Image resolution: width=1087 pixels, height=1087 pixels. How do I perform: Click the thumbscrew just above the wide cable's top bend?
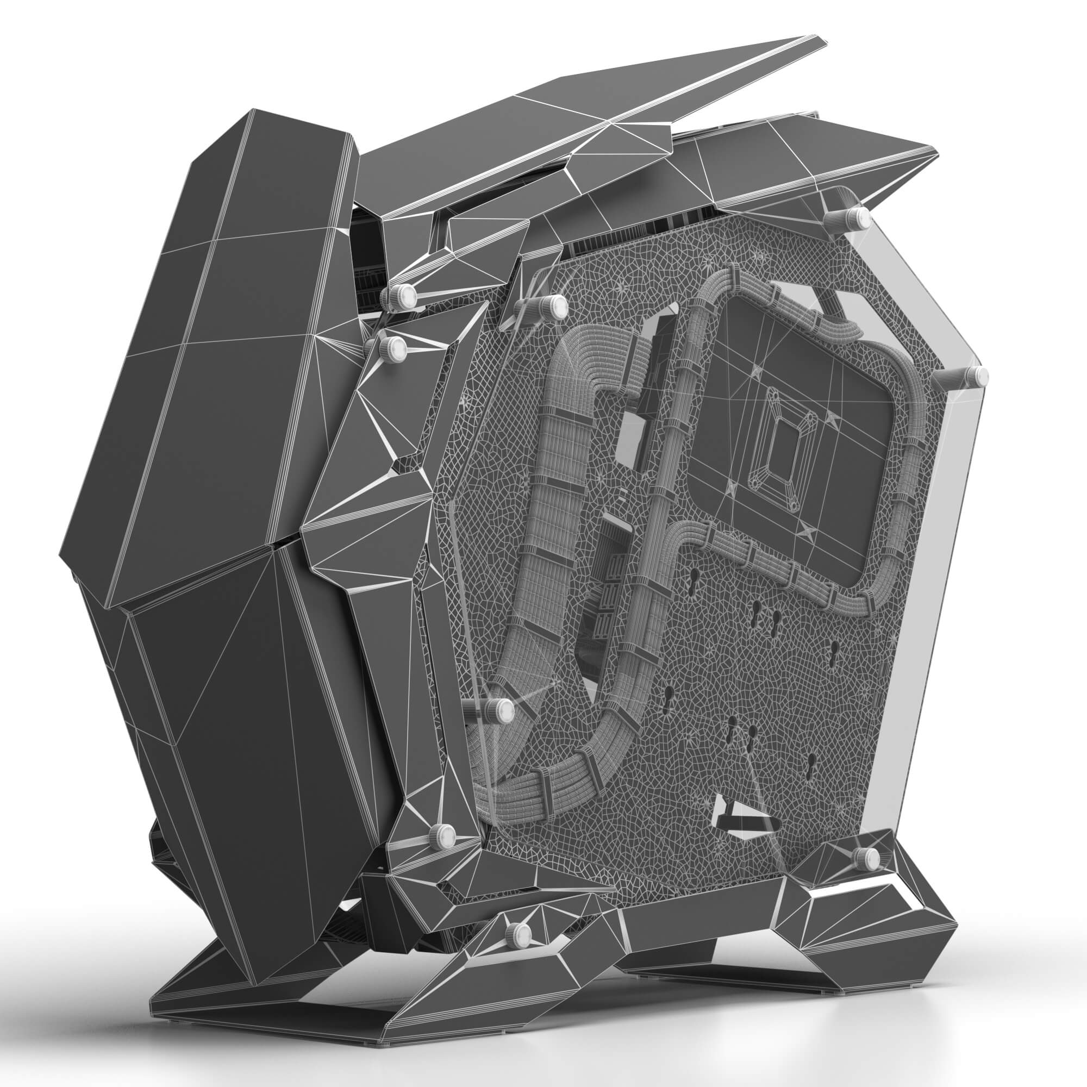click(x=557, y=307)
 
